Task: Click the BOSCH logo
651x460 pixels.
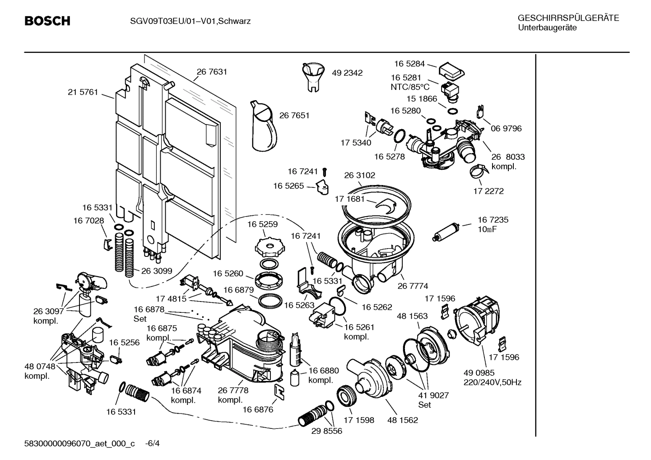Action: point(47,21)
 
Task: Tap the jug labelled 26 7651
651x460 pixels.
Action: point(263,126)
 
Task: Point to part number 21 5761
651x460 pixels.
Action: point(83,92)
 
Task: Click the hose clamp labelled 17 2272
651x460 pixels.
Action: point(477,171)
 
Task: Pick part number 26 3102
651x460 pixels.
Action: point(359,175)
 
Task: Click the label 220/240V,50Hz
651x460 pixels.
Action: point(492,382)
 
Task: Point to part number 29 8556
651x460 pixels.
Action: point(326,431)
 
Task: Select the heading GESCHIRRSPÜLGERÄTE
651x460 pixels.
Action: point(568,19)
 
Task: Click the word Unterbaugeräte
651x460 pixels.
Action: point(547,28)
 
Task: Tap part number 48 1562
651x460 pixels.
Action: point(402,420)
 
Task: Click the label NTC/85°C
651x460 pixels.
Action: point(410,87)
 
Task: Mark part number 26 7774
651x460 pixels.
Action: point(412,286)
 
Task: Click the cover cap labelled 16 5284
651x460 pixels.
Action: point(451,70)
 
